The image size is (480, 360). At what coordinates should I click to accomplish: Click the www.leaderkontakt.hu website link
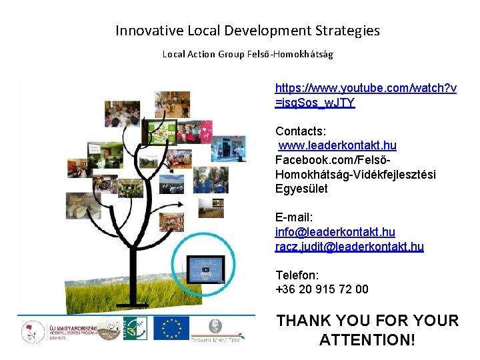337,145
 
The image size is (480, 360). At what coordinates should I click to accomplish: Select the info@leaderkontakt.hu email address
335,232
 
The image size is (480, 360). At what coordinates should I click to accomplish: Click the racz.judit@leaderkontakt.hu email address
349,247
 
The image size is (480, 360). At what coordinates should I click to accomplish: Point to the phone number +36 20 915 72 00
321,289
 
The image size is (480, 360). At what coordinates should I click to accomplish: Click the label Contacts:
301,131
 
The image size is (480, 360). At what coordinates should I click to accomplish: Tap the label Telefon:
297,275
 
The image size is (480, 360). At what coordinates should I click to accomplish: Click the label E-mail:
294,217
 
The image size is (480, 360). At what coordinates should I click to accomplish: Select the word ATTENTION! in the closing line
367,340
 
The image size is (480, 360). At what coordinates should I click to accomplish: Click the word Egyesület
301,189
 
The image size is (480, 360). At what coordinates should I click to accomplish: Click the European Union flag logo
171,328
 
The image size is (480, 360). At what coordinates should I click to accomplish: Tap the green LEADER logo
135,328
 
